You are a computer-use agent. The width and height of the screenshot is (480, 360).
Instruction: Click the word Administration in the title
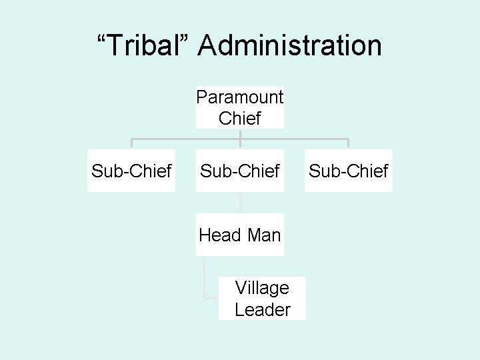click(x=290, y=46)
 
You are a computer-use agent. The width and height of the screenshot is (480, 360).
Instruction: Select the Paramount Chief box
click(x=240, y=107)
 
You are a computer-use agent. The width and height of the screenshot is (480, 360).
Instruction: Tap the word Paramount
click(x=240, y=97)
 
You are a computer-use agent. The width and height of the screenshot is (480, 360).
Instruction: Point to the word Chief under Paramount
click(x=240, y=118)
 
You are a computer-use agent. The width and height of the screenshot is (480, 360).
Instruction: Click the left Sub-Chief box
click(x=131, y=171)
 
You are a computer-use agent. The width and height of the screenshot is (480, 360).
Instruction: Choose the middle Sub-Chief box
click(x=240, y=171)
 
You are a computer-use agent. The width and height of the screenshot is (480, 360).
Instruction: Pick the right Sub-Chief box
click(x=349, y=171)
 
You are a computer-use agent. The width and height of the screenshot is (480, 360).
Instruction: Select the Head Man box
click(x=240, y=234)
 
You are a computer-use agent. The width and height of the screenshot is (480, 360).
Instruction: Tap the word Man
click(x=264, y=234)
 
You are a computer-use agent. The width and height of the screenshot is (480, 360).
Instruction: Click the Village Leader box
click(x=262, y=298)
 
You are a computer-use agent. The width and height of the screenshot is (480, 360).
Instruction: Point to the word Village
click(x=262, y=288)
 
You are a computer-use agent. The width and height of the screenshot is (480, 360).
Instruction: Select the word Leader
click(x=262, y=309)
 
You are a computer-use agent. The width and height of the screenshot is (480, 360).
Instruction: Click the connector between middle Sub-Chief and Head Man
click(x=240, y=203)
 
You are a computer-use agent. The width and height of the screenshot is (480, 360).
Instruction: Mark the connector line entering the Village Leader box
click(x=212, y=297)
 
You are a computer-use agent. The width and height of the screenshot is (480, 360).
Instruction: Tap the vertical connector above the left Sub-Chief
click(x=131, y=144)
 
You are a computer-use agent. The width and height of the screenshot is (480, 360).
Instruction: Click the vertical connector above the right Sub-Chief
click(x=349, y=144)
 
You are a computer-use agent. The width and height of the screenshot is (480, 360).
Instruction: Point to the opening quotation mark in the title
click(x=103, y=39)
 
